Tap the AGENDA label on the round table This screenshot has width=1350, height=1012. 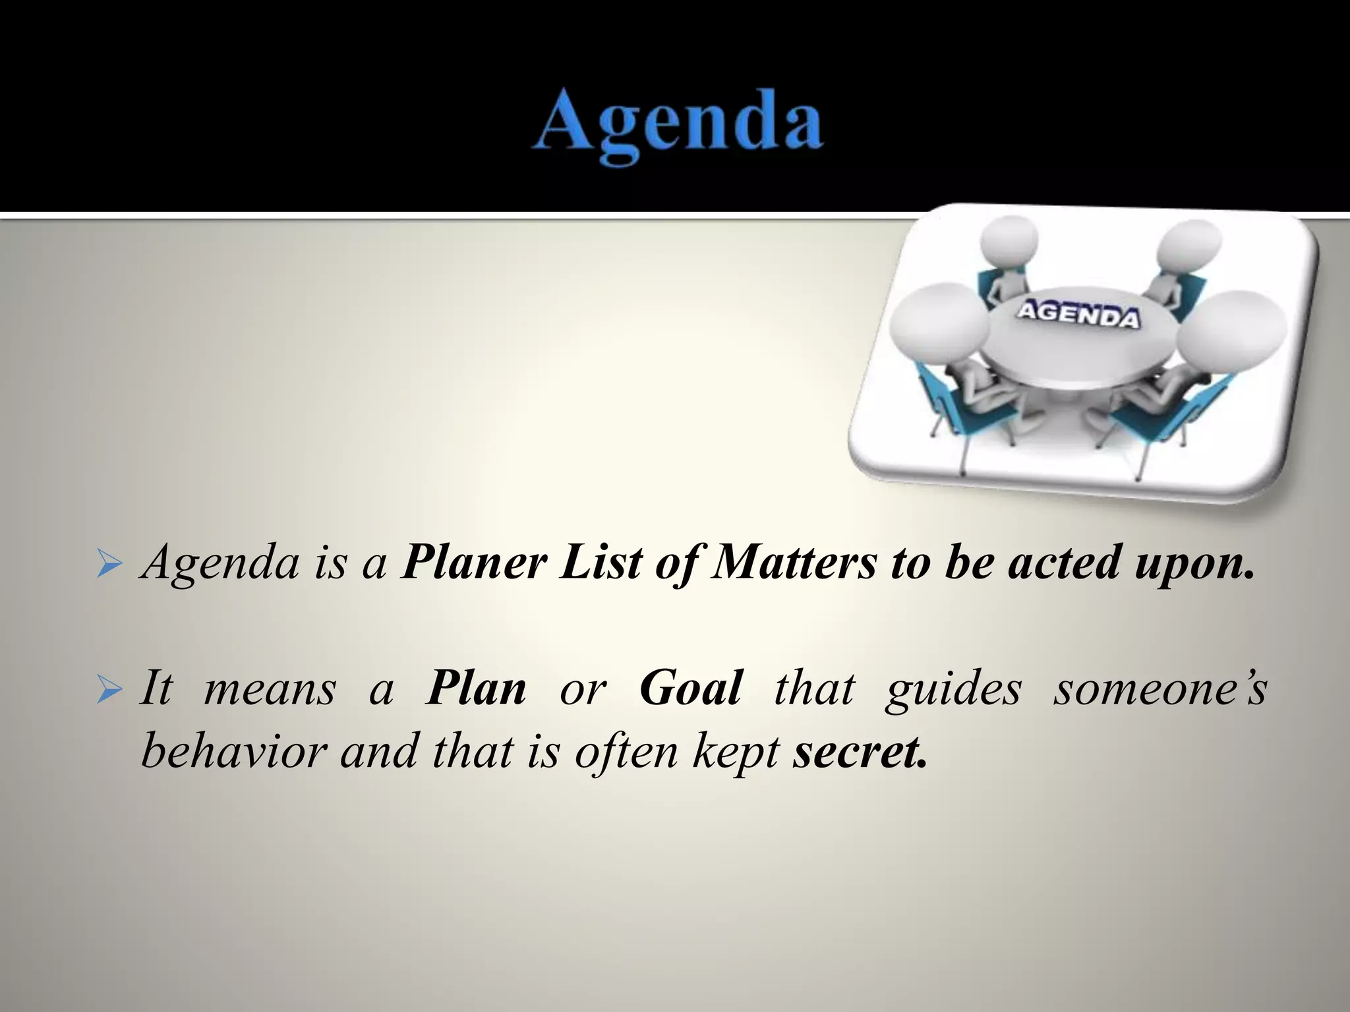[1077, 316]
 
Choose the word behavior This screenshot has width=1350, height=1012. [234, 751]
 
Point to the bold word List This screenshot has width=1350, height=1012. [601, 563]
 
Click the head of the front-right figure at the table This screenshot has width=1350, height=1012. [1231, 334]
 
